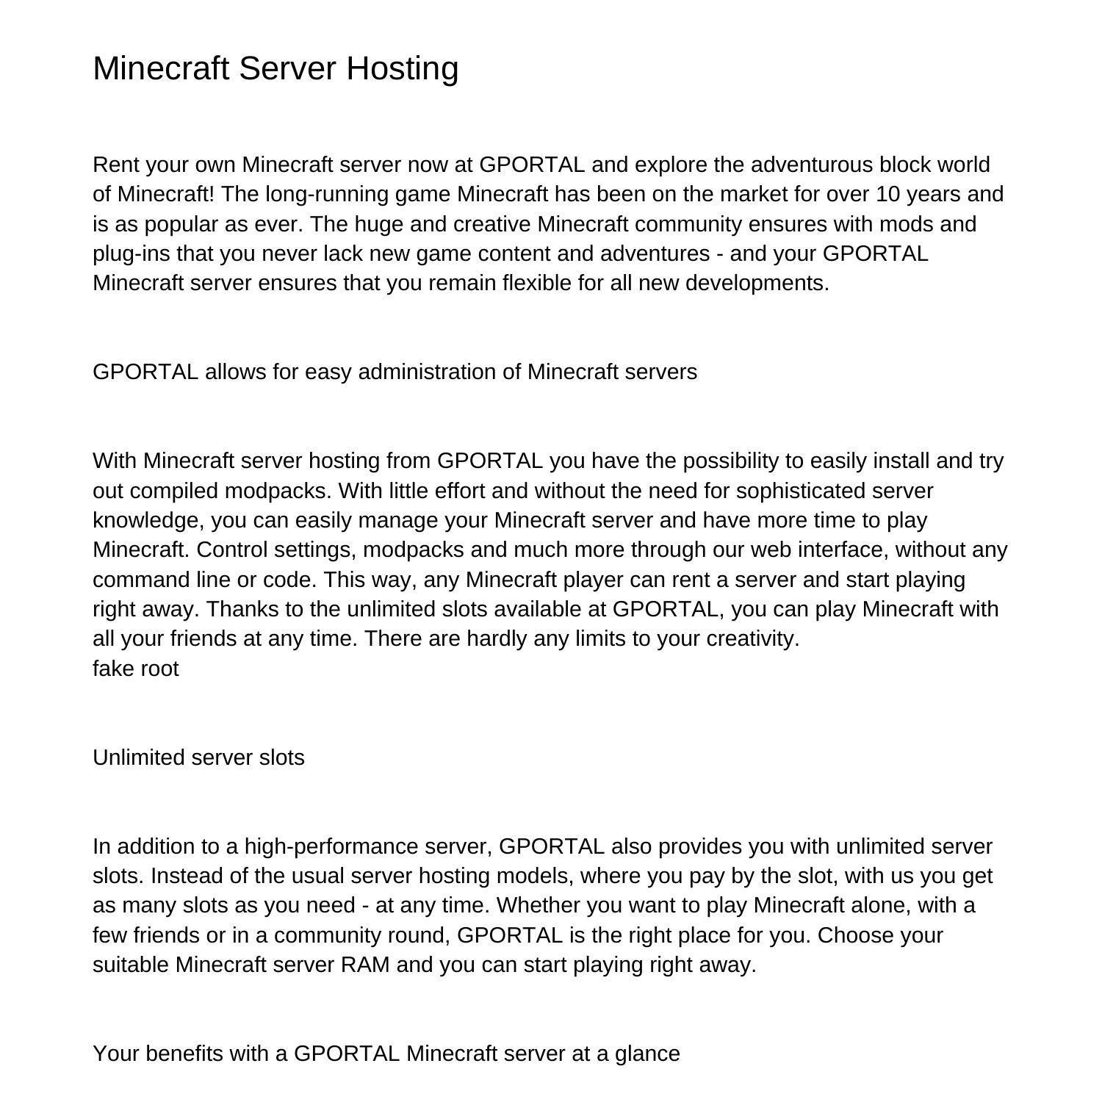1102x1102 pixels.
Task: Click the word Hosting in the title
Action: point(403,68)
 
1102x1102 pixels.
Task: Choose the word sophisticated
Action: point(803,491)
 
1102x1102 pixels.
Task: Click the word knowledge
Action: point(148,520)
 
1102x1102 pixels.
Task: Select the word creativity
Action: point(752,638)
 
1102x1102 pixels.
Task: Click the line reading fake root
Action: point(136,669)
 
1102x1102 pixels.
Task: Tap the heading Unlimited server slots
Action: point(198,757)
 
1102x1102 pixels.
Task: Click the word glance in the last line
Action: point(647,1054)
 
